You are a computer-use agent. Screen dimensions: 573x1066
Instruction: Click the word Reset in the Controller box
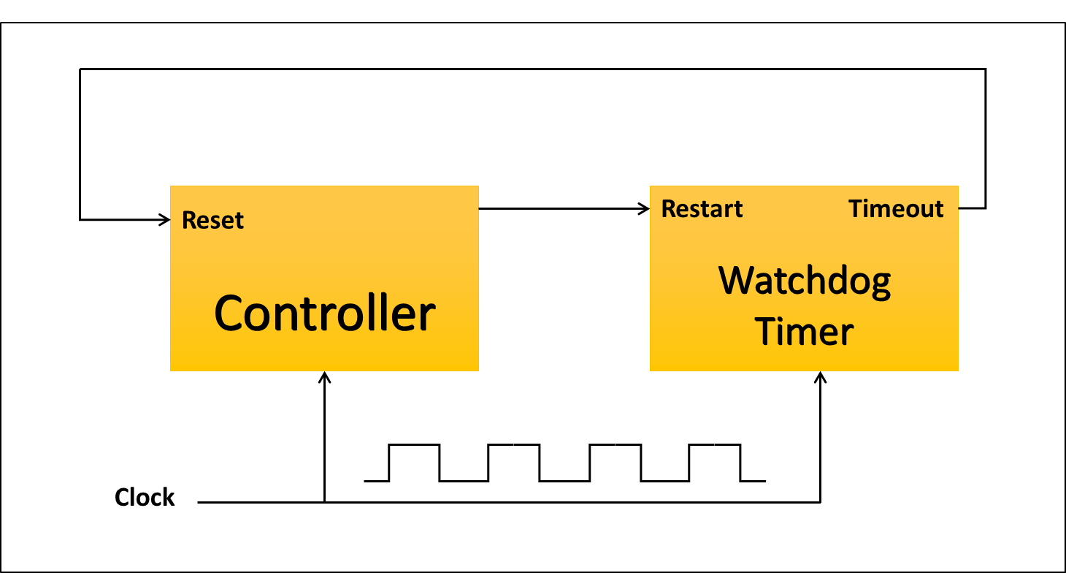[212, 220]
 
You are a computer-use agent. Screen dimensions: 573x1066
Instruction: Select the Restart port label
[702, 209]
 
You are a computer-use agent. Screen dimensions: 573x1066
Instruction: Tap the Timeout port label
[896, 209]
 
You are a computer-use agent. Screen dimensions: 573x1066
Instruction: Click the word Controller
[324, 314]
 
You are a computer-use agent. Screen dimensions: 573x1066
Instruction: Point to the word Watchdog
[805, 281]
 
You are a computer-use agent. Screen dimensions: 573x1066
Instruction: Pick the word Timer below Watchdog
[804, 332]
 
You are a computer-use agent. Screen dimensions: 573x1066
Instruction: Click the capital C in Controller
[229, 314]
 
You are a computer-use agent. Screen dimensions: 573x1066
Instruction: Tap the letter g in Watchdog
[880, 285]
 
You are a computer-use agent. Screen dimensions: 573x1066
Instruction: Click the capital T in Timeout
[856, 209]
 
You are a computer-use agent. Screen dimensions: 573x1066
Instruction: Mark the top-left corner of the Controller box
[171, 186]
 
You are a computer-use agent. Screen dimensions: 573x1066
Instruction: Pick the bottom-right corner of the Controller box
[478, 371]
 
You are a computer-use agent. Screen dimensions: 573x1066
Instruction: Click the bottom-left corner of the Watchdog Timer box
[651, 371]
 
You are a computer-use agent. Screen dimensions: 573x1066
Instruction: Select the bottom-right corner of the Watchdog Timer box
[958, 371]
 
